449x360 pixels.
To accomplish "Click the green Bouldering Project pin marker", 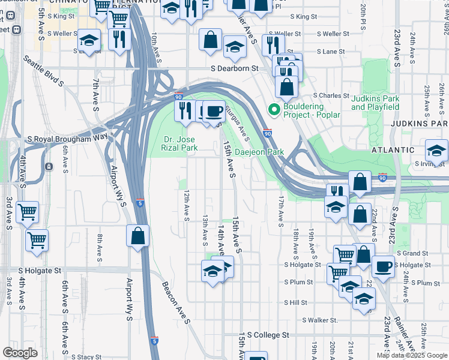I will pyautogui.click(x=274, y=109).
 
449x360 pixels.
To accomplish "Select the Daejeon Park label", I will pyautogui.click(x=259, y=152).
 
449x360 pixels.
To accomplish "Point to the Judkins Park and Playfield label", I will pyautogui.click(x=375, y=103).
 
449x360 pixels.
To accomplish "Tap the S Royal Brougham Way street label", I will pyautogui.click(x=67, y=139).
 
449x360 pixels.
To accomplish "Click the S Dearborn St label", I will pyautogui.click(x=234, y=68).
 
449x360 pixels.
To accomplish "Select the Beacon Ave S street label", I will pyautogui.click(x=176, y=304).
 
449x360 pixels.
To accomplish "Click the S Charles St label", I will pyautogui.click(x=332, y=95).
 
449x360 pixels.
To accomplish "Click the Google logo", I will pyautogui.click(x=20, y=353).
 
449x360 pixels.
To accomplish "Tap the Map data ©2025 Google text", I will pyautogui.click(x=412, y=355).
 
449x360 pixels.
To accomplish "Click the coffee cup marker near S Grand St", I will pyautogui.click(x=383, y=266).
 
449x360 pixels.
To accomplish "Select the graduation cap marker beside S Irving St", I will pyautogui.click(x=436, y=151).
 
